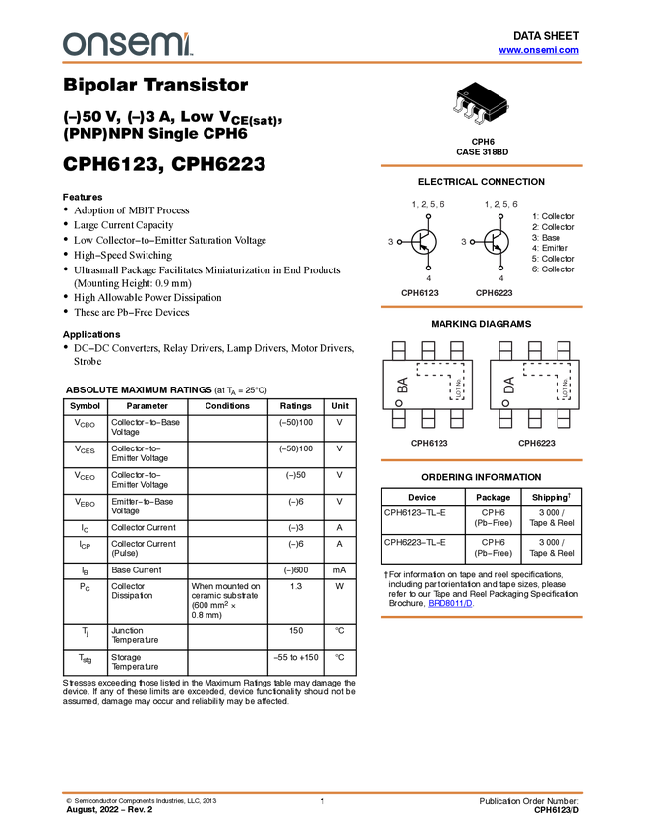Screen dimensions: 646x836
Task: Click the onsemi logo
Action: [x=127, y=44]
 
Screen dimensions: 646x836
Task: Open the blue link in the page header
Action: [x=539, y=50]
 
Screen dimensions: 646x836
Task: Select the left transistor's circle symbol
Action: [x=424, y=241]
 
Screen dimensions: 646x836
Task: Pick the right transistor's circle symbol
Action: [x=496, y=241]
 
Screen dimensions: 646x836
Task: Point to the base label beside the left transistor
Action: [x=390, y=241]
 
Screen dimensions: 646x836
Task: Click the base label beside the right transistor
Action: [x=463, y=241]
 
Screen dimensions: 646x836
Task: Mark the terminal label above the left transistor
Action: [x=428, y=204]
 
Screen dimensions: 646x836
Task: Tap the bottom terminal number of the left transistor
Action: [x=429, y=278]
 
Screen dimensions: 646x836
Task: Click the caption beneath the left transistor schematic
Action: [x=420, y=292]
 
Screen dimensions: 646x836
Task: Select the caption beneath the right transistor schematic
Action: [x=494, y=292]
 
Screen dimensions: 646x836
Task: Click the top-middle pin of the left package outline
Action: [x=428, y=348]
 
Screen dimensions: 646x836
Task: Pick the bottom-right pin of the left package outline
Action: [x=457, y=422]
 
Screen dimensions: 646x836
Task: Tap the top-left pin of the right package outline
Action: [x=505, y=348]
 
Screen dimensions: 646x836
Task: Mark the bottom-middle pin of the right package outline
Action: [x=535, y=422]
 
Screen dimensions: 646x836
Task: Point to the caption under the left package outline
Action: [x=429, y=443]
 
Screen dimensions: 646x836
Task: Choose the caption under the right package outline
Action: [x=536, y=443]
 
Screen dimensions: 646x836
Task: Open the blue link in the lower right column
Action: [x=450, y=604]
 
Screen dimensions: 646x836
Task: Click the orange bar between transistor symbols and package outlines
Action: [x=481, y=307]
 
